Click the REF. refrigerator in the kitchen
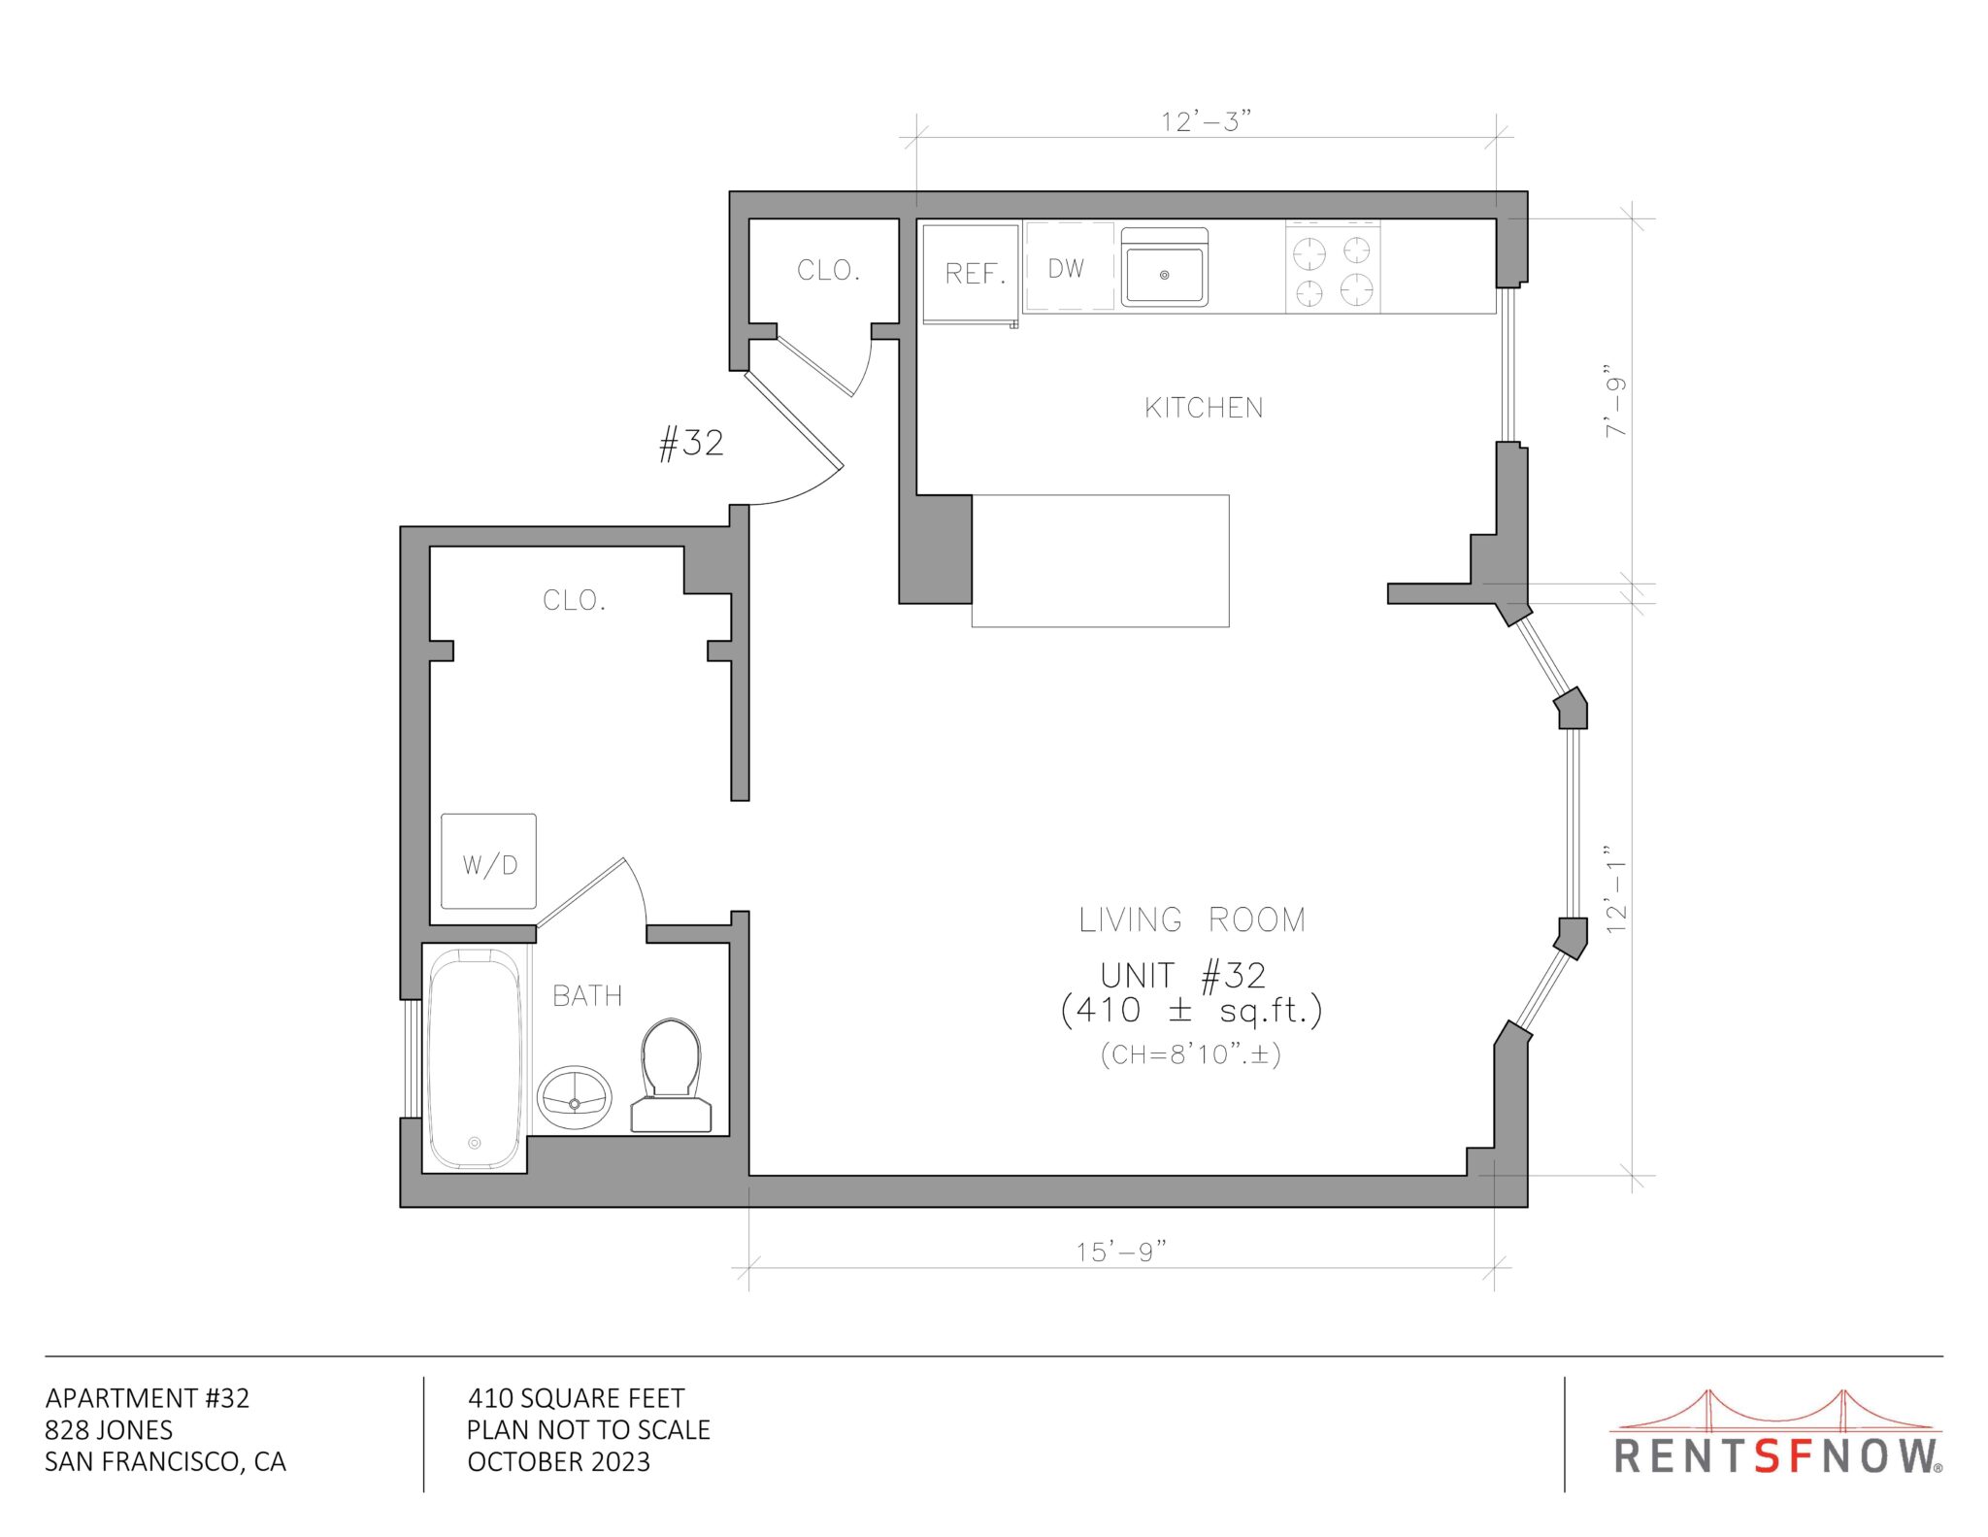(971, 273)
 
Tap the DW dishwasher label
(1066, 268)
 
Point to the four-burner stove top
(1333, 267)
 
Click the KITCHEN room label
(1204, 408)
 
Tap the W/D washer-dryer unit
(488, 861)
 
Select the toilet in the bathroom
(671, 1075)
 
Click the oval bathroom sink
(575, 1097)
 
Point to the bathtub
(475, 1059)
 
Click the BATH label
(587, 996)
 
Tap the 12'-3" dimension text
(1206, 121)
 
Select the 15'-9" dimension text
(1120, 1252)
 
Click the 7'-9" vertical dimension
(1614, 401)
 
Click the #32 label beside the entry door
(691, 444)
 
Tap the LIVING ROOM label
(1193, 919)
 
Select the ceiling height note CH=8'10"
(1191, 1054)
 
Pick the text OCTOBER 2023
(559, 1462)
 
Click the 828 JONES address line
(109, 1430)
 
